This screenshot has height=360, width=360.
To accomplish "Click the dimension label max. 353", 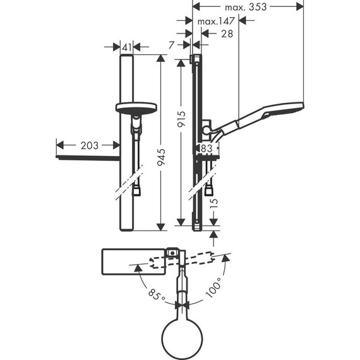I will point(247,7).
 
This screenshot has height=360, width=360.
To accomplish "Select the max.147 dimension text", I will point(216,21).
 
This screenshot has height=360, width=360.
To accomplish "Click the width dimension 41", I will point(126,47).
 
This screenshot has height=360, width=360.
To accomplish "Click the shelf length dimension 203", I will point(89,145).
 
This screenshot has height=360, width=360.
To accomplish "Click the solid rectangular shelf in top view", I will point(132,261).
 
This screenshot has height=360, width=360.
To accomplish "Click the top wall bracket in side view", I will point(195,61).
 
